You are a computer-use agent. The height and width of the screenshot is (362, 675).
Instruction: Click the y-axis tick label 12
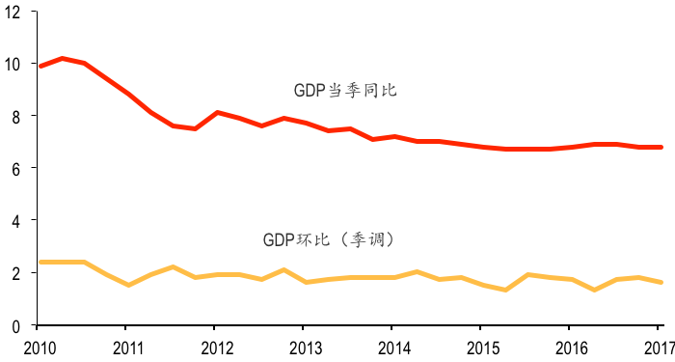13,13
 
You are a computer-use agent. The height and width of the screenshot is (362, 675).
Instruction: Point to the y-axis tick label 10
13,65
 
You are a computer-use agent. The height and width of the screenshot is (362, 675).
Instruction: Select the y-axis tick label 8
16,117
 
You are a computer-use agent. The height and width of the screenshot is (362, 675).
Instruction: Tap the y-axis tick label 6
16,169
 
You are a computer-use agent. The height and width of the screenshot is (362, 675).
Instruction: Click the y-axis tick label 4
16,221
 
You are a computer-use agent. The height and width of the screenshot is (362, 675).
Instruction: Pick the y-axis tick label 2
16,273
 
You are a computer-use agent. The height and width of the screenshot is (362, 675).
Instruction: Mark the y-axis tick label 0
16,326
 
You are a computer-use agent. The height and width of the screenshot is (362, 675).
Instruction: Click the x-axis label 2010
39,346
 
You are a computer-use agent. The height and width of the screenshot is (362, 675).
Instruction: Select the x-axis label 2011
127,346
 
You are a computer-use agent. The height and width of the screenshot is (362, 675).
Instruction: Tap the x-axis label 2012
216,346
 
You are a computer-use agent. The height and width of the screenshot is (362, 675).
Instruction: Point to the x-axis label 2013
305,346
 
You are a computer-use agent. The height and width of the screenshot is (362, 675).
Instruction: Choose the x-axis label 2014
393,346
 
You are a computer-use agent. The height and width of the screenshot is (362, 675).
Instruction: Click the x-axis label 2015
482,346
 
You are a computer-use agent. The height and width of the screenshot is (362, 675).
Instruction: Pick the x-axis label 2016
571,346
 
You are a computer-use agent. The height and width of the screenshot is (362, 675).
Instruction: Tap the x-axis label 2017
659,346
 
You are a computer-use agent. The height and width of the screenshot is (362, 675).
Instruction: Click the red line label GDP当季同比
346,91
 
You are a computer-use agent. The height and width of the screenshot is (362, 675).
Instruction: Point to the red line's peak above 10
62,59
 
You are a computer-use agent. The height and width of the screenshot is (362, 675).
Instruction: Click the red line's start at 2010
40,66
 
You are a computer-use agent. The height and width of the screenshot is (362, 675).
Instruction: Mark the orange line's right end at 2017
661,283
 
